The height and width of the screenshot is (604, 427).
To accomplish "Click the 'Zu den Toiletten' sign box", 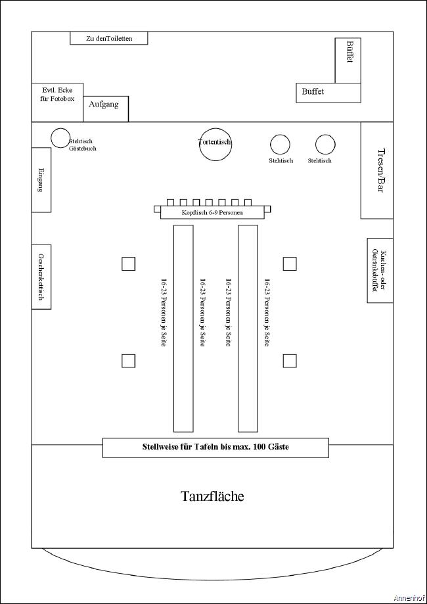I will pyautogui.click(x=109, y=38).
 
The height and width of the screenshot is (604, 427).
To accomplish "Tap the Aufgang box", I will pyautogui.click(x=105, y=108).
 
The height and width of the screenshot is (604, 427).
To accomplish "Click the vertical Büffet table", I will pyautogui.click(x=348, y=60).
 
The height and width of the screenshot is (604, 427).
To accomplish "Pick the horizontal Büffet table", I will pyautogui.click(x=328, y=93).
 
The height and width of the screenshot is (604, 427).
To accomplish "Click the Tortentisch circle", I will pyautogui.click(x=215, y=145).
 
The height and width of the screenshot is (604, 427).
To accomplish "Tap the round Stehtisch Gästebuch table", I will pyautogui.click(x=60, y=137).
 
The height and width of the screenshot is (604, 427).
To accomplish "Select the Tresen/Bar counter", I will pyautogui.click(x=376, y=170).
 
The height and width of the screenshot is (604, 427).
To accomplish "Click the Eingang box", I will pyautogui.click(x=41, y=179).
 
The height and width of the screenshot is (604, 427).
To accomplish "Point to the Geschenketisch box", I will pyautogui.click(x=41, y=277).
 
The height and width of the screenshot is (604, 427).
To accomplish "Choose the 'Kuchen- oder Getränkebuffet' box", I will pyautogui.click(x=380, y=270).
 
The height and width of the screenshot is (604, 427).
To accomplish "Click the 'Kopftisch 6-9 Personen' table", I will pyautogui.click(x=212, y=213).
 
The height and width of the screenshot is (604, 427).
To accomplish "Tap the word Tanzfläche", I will pyautogui.click(x=212, y=496).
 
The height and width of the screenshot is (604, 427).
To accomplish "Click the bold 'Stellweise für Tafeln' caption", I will pyautogui.click(x=215, y=448).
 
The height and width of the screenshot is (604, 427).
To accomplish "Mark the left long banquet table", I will pyautogui.click(x=183, y=328).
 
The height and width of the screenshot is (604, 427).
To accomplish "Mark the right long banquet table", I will pyautogui.click(x=248, y=328).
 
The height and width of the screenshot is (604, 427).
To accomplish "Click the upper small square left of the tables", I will pyautogui.click(x=129, y=264).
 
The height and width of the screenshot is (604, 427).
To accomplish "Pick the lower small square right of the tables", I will pyautogui.click(x=290, y=360).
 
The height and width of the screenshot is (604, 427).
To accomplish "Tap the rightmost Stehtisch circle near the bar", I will pyautogui.click(x=325, y=145).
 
